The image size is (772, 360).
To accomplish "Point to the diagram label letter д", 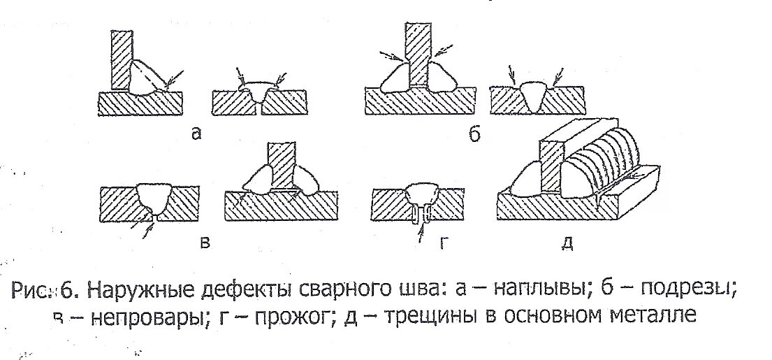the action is click(x=567, y=243).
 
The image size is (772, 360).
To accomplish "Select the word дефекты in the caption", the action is click(x=247, y=289).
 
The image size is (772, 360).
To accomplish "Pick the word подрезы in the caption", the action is click(x=689, y=289).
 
